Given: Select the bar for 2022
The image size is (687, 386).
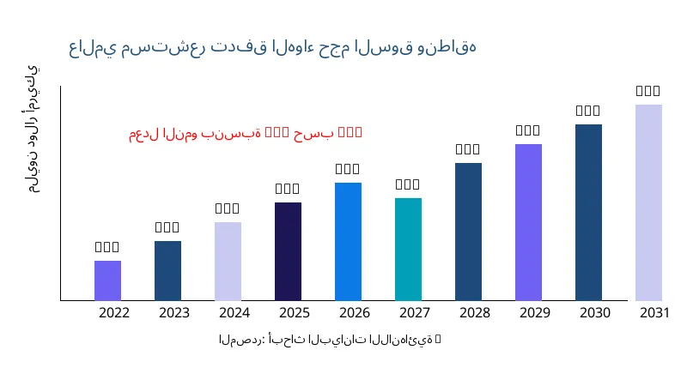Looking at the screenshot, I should coord(107,280).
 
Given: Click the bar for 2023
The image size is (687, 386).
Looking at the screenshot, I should coord(167,270).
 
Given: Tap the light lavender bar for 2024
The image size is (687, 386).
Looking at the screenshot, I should coord(228,261).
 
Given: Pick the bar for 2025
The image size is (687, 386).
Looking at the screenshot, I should coord(288,251).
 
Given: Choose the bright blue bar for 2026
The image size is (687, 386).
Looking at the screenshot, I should coord(348,241).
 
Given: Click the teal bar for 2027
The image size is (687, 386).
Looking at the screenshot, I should coord(408,249).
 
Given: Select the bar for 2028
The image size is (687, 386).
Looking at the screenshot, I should coord(468,232).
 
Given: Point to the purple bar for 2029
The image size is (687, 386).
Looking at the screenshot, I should coord(528,222).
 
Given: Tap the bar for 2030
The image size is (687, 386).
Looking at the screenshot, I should coord(588,212).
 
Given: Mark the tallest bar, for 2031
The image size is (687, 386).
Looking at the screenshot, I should coord(648,202).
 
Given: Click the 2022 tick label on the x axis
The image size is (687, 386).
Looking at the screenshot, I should coord(114,313).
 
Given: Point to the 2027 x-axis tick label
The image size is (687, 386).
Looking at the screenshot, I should coord(415,313).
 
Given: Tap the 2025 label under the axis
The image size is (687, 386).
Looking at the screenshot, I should coord(295,313).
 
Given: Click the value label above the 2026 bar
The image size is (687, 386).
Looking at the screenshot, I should coord(348,169).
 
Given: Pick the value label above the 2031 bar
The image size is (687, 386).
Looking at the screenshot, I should coord(648,91).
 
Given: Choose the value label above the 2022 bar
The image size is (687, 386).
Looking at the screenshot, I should coord(107,247).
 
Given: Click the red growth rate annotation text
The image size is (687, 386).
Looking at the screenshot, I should coord(246,133).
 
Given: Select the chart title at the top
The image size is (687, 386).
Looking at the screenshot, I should coord(272,47).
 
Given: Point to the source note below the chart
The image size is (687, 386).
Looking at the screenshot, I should coord(330,340).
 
